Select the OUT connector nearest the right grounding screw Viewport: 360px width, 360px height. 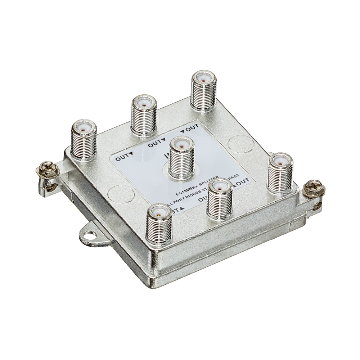pyautogui.click(x=280, y=173)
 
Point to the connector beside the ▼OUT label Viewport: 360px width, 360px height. pyautogui.click(x=203, y=90)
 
